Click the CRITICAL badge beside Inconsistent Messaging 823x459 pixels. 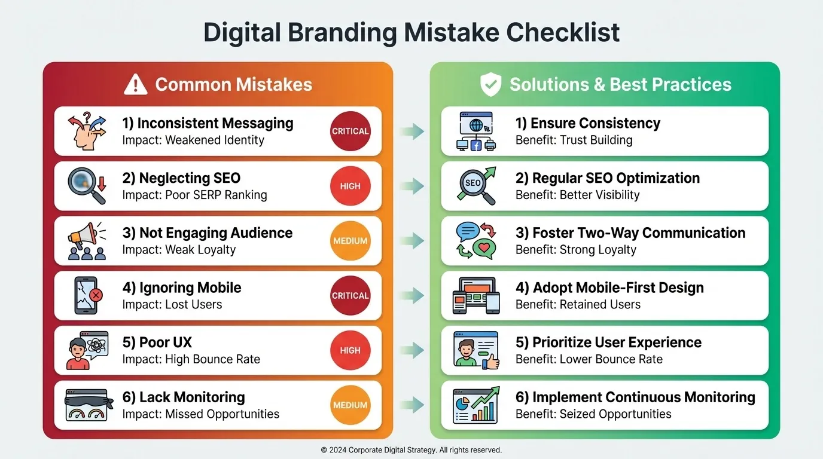coord(350,131)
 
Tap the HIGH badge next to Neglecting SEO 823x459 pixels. coord(350,186)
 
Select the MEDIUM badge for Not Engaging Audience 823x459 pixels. coord(350,241)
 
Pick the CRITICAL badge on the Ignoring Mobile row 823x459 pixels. coord(350,296)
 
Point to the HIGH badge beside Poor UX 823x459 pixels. coord(350,350)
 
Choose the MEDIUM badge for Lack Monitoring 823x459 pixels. coord(350,405)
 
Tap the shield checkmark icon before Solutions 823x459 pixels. coord(490,85)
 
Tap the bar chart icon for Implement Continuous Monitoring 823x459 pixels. coord(475,405)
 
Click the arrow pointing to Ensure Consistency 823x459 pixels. coord(411,131)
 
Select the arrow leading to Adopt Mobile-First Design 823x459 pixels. coord(411,296)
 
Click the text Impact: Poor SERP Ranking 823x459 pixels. coord(194,195)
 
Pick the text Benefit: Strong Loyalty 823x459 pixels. coord(575,250)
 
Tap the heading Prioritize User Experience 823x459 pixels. coord(608,342)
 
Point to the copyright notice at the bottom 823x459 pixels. coord(411,450)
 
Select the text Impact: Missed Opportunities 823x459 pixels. coord(200,414)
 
